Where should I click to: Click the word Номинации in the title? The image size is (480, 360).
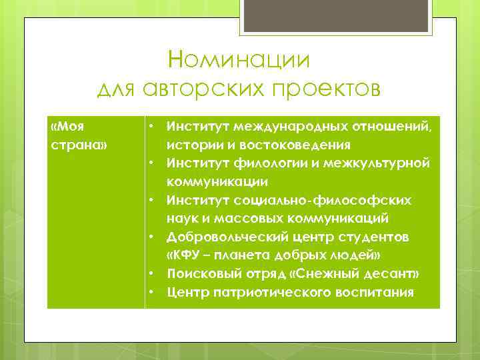[239, 60]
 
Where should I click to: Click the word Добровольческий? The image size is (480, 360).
[224, 237]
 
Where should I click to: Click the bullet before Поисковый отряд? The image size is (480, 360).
[152, 274]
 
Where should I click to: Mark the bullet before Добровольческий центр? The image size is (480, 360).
[152, 237]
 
